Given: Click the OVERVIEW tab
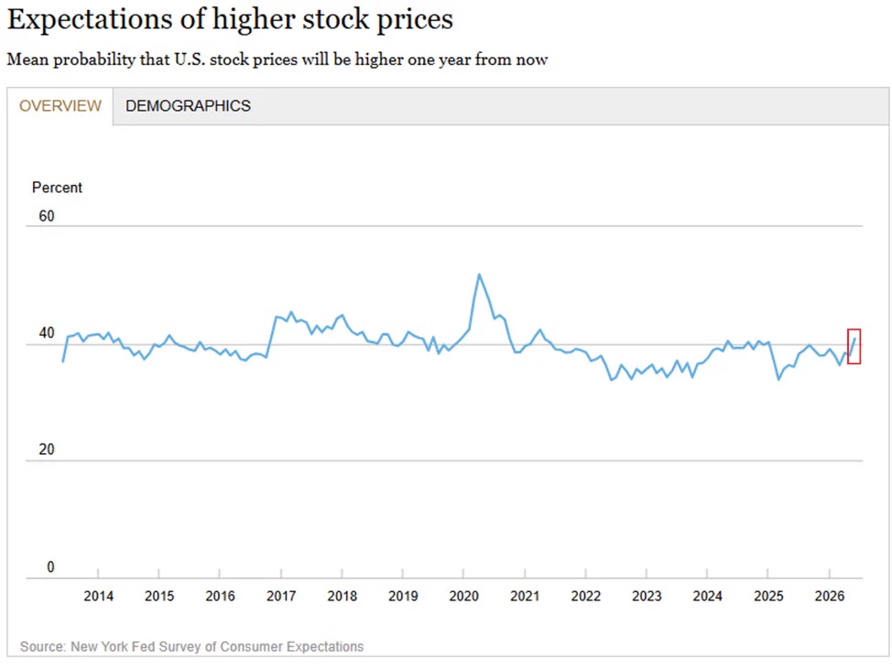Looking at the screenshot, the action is click(x=60, y=106).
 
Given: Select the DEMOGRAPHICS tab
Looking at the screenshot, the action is click(x=188, y=106).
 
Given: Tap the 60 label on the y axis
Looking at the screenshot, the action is click(x=47, y=216).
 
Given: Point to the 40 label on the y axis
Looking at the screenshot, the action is click(x=47, y=332).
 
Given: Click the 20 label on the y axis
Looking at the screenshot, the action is click(x=47, y=449).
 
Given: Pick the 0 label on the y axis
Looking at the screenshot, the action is click(x=50, y=566).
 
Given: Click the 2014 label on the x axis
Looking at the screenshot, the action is click(x=98, y=597).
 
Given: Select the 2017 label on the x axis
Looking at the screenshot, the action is click(x=281, y=597).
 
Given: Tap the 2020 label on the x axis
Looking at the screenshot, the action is click(x=463, y=597).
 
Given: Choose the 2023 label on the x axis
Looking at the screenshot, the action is click(x=647, y=597).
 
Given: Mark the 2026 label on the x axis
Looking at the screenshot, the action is click(x=830, y=597).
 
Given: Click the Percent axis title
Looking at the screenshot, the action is click(x=57, y=188).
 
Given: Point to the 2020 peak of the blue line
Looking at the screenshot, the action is click(x=479, y=275).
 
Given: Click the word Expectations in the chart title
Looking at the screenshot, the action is click(x=90, y=19).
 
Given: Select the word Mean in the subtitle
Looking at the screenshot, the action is click(x=27, y=59).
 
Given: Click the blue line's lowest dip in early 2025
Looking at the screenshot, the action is click(x=778, y=379).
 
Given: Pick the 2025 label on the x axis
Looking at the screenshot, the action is click(x=768, y=597).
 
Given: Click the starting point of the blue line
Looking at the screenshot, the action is click(x=62, y=361).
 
